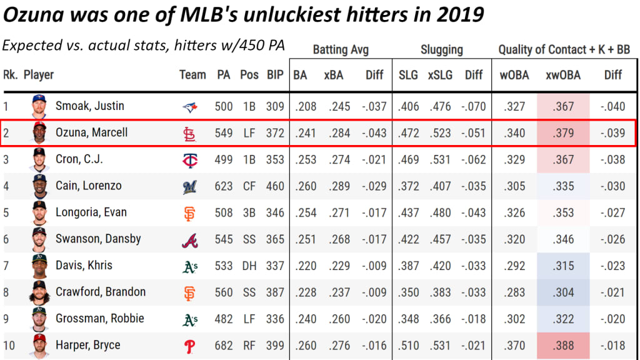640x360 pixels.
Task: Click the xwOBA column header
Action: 562,75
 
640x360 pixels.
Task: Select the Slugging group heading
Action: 441,50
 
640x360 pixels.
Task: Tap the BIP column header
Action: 275,75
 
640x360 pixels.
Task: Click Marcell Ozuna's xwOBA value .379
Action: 563,133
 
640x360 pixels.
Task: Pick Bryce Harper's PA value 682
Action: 224,345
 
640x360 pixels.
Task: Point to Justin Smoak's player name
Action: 90,106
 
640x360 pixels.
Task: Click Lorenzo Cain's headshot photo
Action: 39,186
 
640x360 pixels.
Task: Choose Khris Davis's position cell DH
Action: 249,266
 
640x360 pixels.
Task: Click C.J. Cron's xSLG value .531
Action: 441,159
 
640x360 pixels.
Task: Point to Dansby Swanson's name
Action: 98,239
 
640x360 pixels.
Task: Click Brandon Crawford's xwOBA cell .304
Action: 563,292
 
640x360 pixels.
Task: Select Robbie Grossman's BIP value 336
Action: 275,319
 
